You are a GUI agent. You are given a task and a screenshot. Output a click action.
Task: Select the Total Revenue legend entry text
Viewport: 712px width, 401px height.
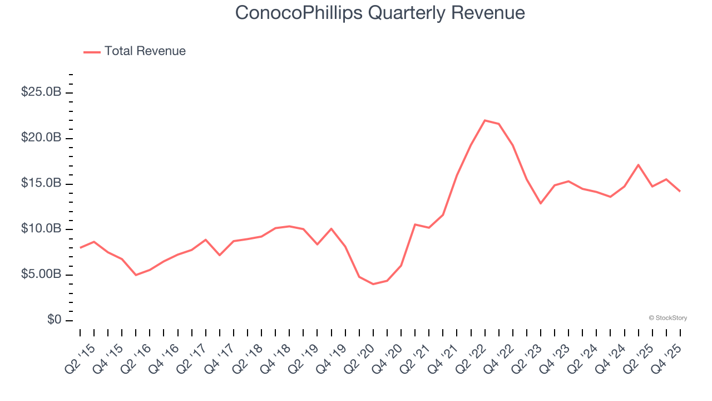(145, 51)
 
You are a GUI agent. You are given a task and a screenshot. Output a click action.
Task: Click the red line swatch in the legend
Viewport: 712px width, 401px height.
(92, 52)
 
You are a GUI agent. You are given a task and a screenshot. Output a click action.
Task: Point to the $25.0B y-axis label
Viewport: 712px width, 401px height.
(41, 92)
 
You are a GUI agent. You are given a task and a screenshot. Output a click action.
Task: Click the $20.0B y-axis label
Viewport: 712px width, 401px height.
(41, 138)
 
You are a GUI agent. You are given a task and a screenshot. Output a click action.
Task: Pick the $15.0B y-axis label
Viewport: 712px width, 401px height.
(41, 183)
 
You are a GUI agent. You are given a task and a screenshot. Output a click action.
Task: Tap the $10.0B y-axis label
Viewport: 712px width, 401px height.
(41, 229)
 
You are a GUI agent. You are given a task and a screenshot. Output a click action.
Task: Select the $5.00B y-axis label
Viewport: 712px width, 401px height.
(41, 275)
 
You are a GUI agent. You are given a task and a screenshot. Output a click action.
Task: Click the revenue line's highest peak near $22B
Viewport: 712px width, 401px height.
(485, 120)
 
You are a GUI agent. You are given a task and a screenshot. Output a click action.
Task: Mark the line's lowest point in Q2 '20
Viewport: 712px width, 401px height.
(373, 284)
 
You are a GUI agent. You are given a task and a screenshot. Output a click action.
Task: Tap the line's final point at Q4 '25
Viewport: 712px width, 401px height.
(680, 191)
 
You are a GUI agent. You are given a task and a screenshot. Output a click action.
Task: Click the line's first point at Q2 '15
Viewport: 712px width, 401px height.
(80, 248)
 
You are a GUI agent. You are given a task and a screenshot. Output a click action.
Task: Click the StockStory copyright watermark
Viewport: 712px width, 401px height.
(668, 318)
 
